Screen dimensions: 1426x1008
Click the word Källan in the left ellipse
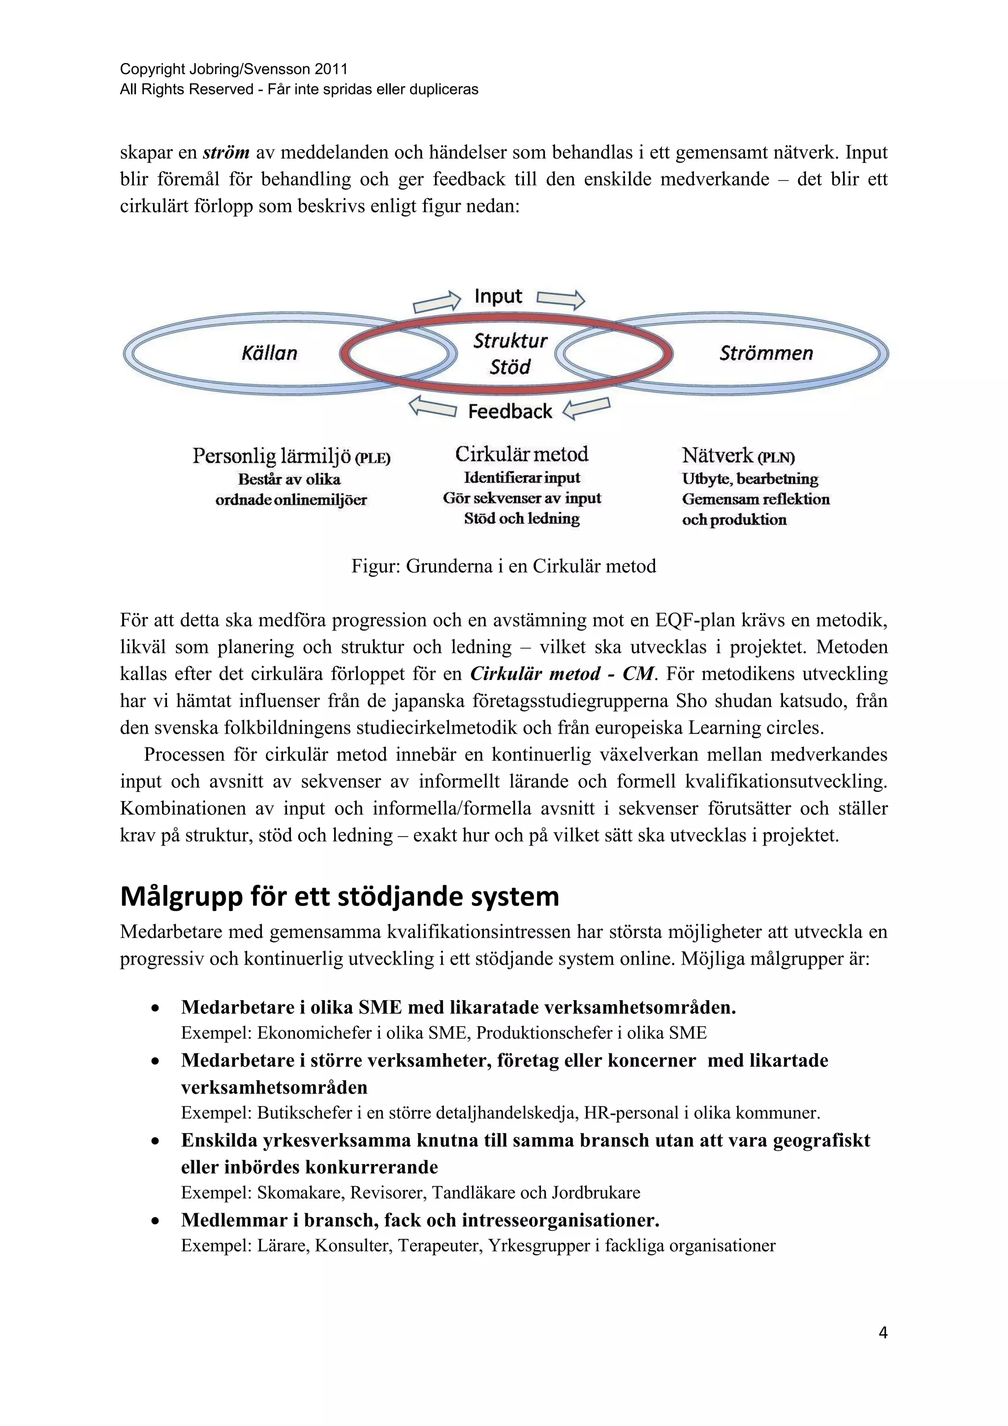pyautogui.click(x=269, y=354)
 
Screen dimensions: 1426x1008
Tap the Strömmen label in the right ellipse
pyautogui.click(x=766, y=354)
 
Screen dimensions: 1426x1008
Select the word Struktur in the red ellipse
pyautogui.click(x=510, y=340)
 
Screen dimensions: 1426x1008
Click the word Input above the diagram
pyautogui.click(x=499, y=296)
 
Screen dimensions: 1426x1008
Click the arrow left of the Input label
pyautogui.click(x=437, y=302)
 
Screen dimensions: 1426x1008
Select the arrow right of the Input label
pyautogui.click(x=561, y=299)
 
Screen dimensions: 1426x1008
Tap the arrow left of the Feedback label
pyautogui.click(x=433, y=407)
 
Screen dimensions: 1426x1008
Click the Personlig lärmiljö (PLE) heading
pyautogui.click(x=291, y=456)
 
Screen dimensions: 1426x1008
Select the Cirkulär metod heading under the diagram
pyautogui.click(x=521, y=454)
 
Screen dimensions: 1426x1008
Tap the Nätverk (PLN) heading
pyautogui.click(x=738, y=456)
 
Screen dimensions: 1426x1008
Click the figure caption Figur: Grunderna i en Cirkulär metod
pyautogui.click(x=504, y=566)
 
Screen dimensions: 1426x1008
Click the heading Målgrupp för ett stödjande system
pyautogui.click(x=340, y=896)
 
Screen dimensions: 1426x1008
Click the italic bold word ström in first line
pyautogui.click(x=226, y=152)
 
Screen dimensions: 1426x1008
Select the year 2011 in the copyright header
pyautogui.click(x=331, y=69)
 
